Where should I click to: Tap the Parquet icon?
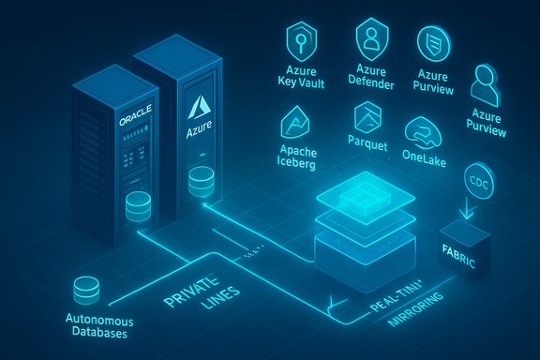tap(366, 120)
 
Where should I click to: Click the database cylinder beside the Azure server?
tap(200, 181)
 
